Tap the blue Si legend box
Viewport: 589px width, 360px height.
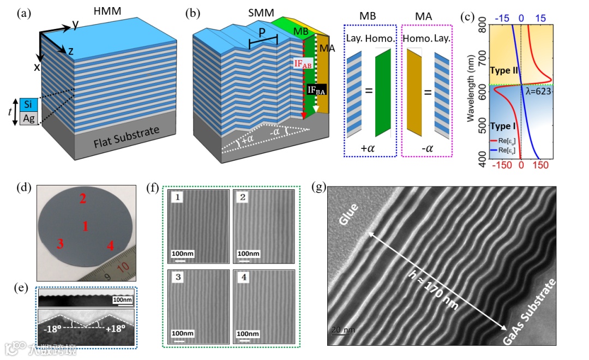28,104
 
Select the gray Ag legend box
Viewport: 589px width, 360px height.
28,117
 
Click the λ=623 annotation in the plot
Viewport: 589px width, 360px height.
539,92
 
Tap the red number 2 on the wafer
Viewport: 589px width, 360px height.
83,200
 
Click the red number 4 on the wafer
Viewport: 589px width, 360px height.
110,247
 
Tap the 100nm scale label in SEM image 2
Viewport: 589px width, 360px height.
248,254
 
